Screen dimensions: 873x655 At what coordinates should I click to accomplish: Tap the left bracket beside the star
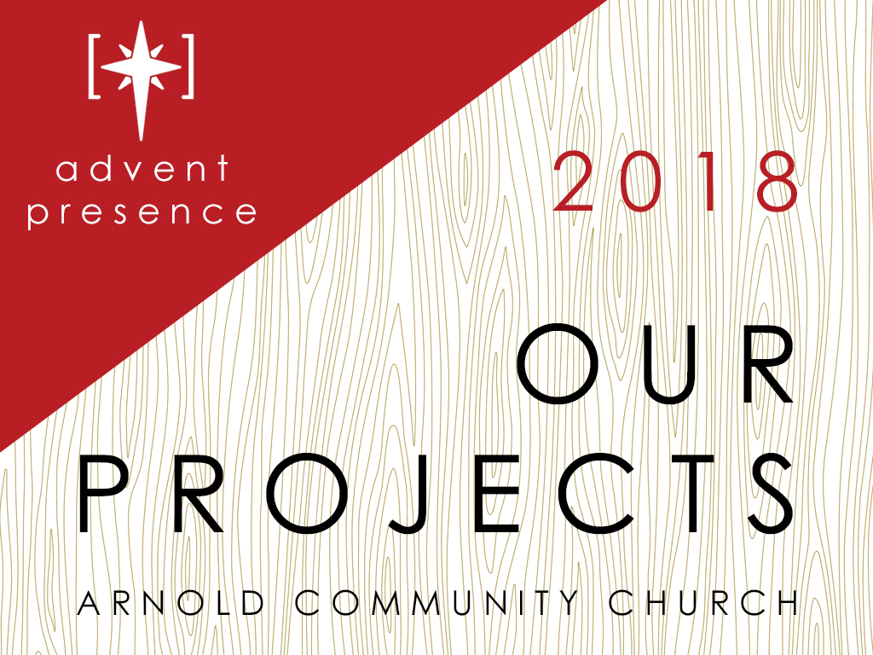92,67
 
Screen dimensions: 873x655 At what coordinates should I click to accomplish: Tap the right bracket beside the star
189,67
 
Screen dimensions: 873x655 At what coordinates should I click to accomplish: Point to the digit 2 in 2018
574,182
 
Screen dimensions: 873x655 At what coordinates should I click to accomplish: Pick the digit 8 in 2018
778,182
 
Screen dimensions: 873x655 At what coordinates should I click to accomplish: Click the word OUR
655,364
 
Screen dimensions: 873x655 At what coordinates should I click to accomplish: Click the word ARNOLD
171,602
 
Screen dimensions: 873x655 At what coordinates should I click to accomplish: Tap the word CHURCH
702,602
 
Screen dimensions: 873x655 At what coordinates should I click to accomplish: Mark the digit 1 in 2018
707,182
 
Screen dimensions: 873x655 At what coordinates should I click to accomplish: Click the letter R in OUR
763,364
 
